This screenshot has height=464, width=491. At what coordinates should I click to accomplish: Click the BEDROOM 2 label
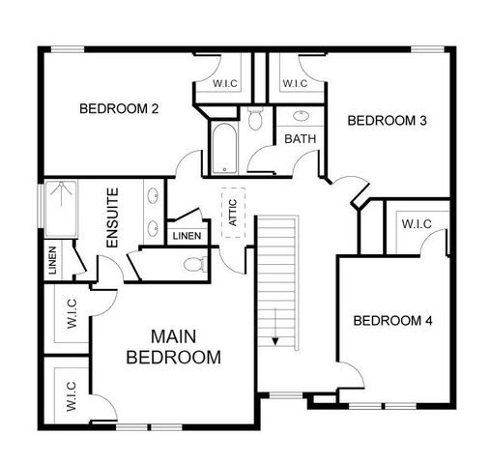(x=119, y=109)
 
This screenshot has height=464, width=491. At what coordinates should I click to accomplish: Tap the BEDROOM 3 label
(x=387, y=121)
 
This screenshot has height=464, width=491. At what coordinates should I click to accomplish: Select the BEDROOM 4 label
(x=391, y=321)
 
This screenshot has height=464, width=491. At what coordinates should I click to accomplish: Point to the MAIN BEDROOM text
(x=174, y=347)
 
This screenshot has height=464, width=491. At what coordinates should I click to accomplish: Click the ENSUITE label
(x=113, y=217)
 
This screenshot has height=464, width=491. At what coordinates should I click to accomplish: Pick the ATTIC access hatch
(x=232, y=212)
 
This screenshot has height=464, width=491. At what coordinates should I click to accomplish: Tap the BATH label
(x=300, y=139)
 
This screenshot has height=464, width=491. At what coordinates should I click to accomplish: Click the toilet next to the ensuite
(x=193, y=263)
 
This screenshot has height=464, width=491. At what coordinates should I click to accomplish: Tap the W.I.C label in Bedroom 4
(x=416, y=224)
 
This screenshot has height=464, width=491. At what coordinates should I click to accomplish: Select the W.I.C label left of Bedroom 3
(x=295, y=83)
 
